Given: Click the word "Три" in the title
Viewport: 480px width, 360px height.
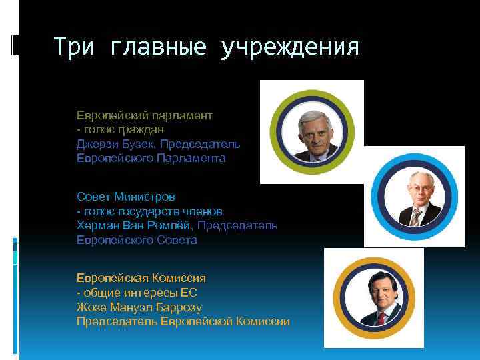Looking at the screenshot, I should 74,47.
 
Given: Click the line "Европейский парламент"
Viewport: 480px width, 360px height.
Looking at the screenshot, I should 145,115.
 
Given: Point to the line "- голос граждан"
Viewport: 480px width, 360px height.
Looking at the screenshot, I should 120,129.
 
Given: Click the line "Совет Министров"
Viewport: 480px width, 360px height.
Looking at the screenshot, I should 126,197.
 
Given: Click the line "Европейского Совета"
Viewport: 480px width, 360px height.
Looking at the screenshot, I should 137,240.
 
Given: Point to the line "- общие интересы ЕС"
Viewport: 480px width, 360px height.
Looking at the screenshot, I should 137,293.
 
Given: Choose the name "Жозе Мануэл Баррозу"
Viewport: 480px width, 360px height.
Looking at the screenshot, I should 139,307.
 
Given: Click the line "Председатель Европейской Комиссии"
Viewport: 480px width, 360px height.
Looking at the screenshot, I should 183,321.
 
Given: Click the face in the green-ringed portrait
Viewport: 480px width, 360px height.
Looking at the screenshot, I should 311,132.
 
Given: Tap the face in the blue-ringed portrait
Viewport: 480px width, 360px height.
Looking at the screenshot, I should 416,193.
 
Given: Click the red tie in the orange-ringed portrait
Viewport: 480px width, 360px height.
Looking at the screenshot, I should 381,318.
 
